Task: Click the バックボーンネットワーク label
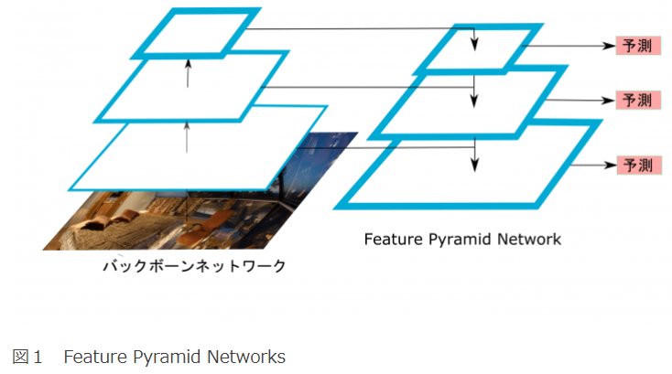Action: [x=193, y=266]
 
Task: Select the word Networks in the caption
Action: [x=247, y=356]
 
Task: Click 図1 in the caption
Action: [x=27, y=356]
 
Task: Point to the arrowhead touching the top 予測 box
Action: [x=607, y=46]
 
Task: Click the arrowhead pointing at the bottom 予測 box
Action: [x=607, y=166]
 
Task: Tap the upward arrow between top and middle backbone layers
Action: [x=187, y=73]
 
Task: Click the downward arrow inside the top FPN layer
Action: [x=474, y=41]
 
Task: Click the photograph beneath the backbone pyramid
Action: [x=137, y=219]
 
